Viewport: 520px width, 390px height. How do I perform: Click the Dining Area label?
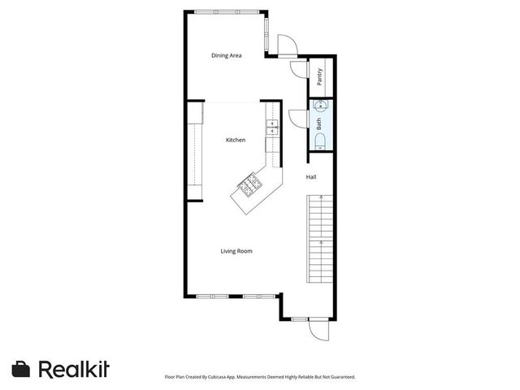tap(227, 55)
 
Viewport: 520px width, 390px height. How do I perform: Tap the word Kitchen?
tap(236, 140)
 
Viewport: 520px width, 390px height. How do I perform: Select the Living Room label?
tap(236, 251)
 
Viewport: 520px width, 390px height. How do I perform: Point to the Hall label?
tap(311, 176)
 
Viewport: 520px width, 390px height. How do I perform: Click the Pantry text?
tap(320, 77)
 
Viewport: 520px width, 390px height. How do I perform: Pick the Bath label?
tap(319, 124)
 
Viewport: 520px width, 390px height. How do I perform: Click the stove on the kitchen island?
tap(249, 188)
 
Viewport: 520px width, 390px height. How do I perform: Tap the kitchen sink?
tap(271, 128)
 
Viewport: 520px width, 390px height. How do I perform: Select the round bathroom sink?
tap(319, 105)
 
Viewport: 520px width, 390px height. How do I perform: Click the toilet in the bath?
tap(319, 142)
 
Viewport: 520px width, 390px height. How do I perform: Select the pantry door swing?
tap(297, 71)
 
